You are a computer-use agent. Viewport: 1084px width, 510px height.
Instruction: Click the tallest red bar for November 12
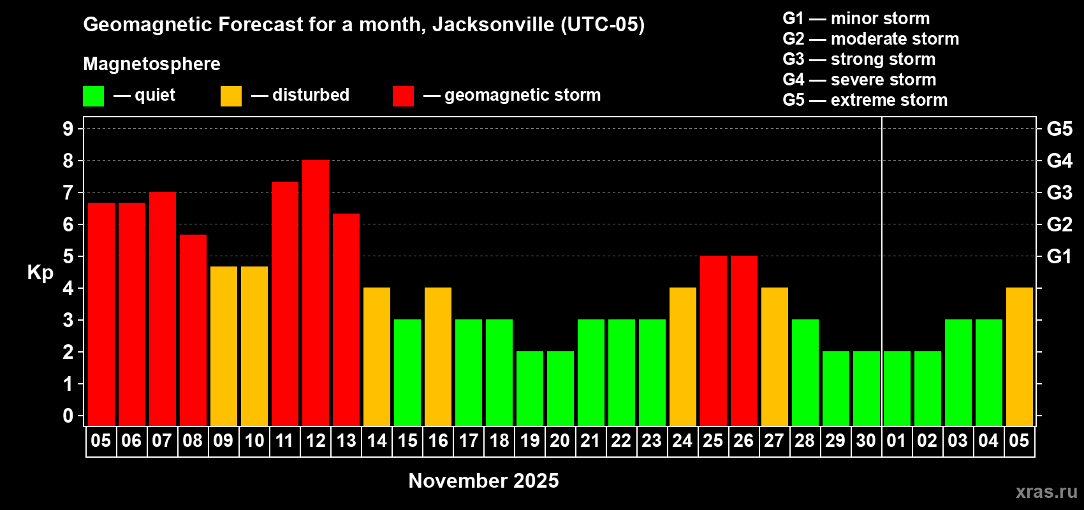pyautogui.click(x=316, y=293)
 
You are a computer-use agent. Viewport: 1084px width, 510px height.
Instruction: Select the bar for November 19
pyautogui.click(x=530, y=388)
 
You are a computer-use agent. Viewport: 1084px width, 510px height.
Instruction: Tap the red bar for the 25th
pyautogui.click(x=714, y=340)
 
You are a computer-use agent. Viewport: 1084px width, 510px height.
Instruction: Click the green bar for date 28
pyautogui.click(x=805, y=372)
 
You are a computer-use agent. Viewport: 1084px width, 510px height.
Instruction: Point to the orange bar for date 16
pyautogui.click(x=438, y=356)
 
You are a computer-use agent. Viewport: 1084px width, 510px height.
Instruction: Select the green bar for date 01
pyautogui.click(x=897, y=388)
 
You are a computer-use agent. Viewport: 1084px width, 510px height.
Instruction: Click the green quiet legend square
pyautogui.click(x=93, y=96)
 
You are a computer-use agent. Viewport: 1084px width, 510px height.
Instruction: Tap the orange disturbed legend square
pyautogui.click(x=231, y=96)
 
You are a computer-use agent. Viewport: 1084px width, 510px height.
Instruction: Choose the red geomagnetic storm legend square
pyautogui.click(x=403, y=96)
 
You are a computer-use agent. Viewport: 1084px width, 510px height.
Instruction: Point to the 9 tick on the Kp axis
pyautogui.click(x=68, y=129)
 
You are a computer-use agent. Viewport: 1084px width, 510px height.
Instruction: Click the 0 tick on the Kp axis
pyautogui.click(x=68, y=416)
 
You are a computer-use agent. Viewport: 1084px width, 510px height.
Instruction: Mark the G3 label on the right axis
pyautogui.click(x=1059, y=193)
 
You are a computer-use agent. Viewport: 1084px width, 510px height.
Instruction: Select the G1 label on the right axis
pyautogui.click(x=1059, y=256)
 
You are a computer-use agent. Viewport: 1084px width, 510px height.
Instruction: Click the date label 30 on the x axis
pyautogui.click(x=866, y=441)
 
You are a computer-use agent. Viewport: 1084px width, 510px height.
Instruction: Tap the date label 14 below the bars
pyautogui.click(x=377, y=441)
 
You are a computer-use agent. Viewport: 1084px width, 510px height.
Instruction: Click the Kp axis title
pyautogui.click(x=40, y=273)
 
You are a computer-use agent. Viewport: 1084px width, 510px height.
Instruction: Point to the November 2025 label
pyautogui.click(x=483, y=481)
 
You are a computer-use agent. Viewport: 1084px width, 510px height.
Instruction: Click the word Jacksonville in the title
pyautogui.click(x=493, y=25)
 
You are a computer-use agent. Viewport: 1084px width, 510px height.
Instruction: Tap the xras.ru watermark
pyautogui.click(x=1046, y=492)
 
